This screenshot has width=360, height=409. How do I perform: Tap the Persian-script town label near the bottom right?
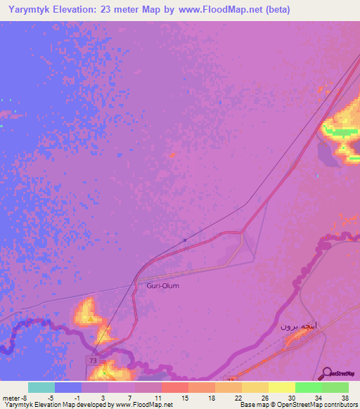[299, 326]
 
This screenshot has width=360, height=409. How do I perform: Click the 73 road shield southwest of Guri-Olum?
[93, 360]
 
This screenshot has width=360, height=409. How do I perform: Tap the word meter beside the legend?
[12, 398]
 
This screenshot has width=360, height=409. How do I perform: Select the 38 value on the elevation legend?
[345, 398]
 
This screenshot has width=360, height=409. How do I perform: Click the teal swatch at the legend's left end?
[41, 387]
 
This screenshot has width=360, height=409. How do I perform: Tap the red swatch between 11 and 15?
[175, 387]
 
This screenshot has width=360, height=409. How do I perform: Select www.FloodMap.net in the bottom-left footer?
[145, 405]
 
